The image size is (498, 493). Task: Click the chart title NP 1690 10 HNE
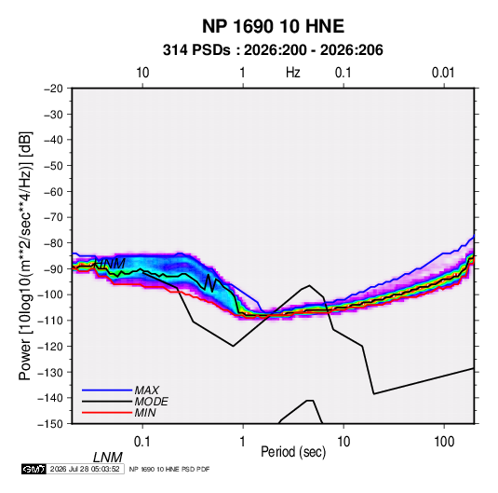coord(273,26)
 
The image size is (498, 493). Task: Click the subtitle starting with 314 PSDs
coord(273,50)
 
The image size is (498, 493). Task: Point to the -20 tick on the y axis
coord(53,89)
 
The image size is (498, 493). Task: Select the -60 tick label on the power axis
coord(53,191)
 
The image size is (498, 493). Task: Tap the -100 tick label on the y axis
coord(50,294)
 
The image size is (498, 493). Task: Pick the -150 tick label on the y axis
coord(50,424)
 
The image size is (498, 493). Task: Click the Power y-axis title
coord(25,256)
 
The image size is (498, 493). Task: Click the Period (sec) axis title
coord(293,452)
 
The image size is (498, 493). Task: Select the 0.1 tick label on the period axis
coord(142,442)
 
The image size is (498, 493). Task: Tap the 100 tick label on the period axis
coord(444,442)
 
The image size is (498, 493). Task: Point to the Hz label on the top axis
coord(293,73)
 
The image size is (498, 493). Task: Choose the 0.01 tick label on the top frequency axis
coord(443,73)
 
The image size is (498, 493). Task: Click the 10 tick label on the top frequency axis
coord(142,73)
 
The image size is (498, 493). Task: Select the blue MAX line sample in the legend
coord(107,390)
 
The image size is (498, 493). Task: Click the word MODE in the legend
coord(151,402)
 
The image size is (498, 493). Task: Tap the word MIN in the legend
coord(145,413)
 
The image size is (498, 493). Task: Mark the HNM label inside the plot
coord(110,264)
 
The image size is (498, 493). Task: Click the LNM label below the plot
coord(108,458)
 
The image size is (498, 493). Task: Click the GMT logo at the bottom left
coord(34,469)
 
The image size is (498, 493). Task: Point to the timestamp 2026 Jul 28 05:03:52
coord(85,469)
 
